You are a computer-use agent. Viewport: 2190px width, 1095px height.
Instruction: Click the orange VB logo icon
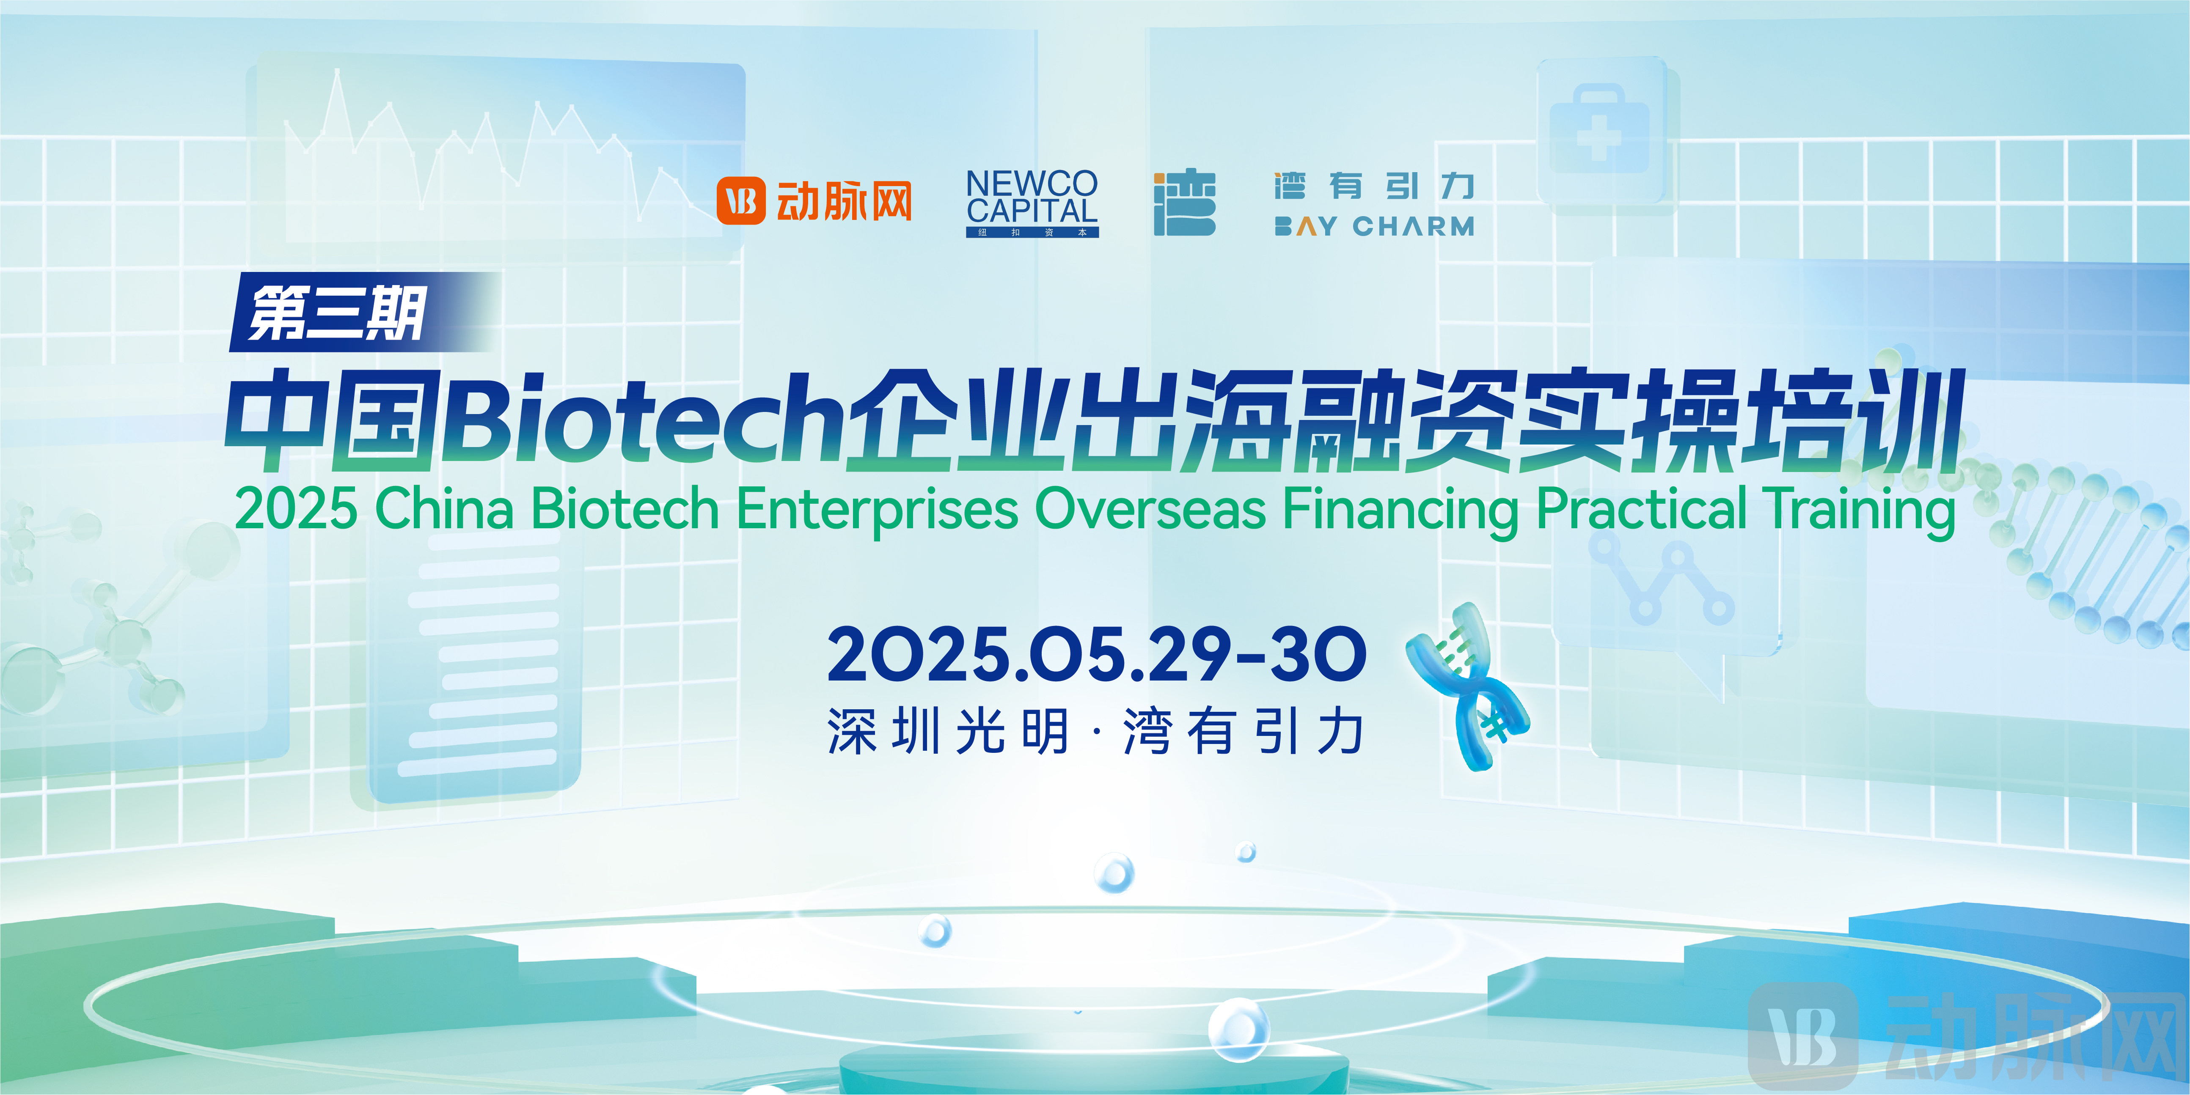point(740,201)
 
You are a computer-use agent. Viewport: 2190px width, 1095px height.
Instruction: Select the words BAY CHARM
point(1374,226)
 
